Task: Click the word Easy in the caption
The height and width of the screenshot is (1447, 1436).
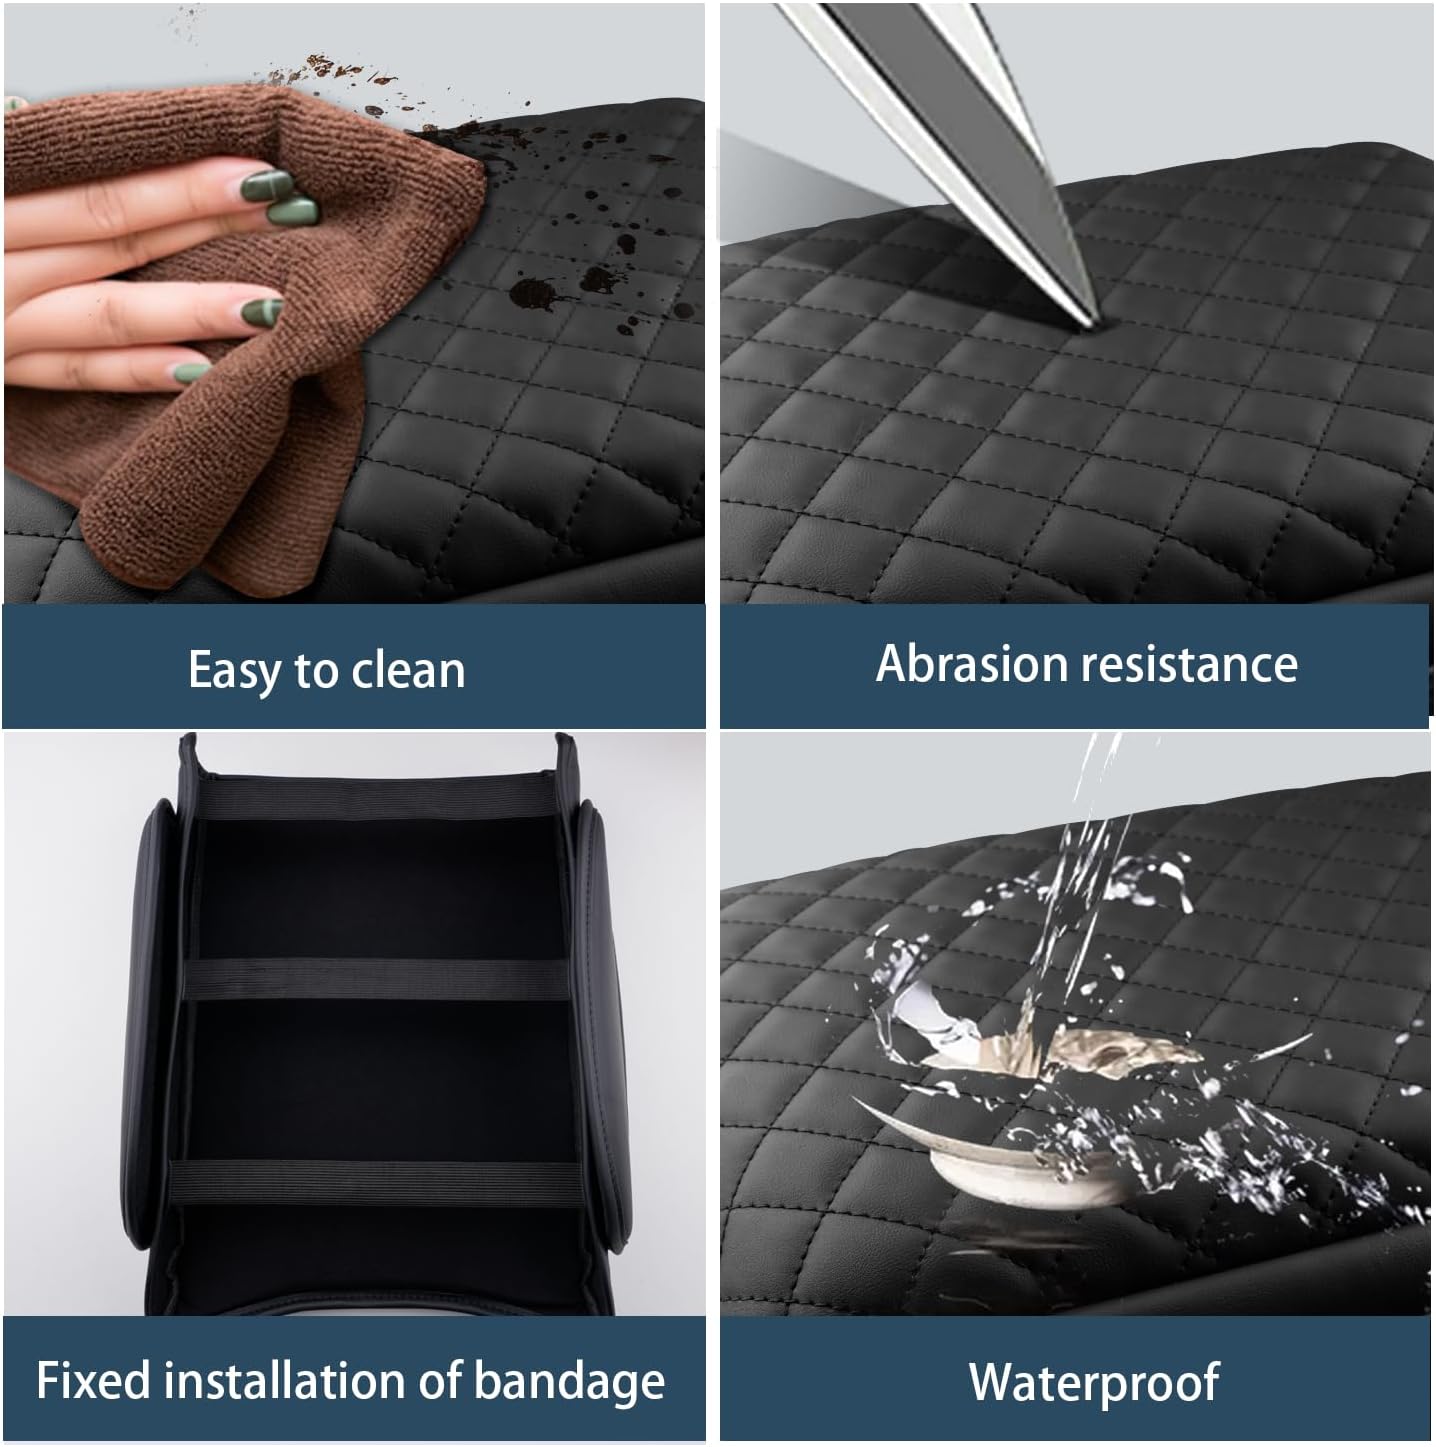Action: tap(234, 671)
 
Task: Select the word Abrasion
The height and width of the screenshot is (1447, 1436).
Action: tap(964, 664)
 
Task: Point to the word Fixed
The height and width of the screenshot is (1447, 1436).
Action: tap(93, 1381)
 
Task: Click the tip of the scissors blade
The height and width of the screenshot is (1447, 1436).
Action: tap(1096, 324)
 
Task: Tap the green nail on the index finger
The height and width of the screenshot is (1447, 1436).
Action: tap(265, 185)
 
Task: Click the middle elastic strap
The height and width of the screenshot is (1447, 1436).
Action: tap(377, 979)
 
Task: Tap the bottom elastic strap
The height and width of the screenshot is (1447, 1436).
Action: tap(376, 1183)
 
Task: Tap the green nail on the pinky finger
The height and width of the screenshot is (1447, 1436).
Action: tap(192, 372)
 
